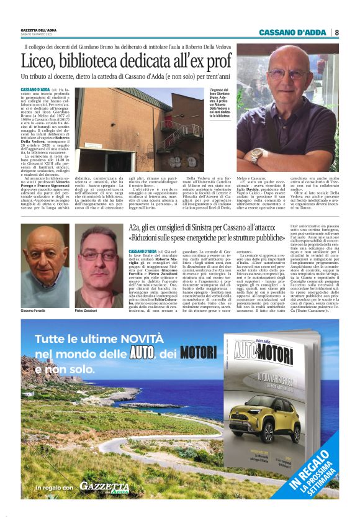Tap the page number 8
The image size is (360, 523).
click(336, 32)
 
